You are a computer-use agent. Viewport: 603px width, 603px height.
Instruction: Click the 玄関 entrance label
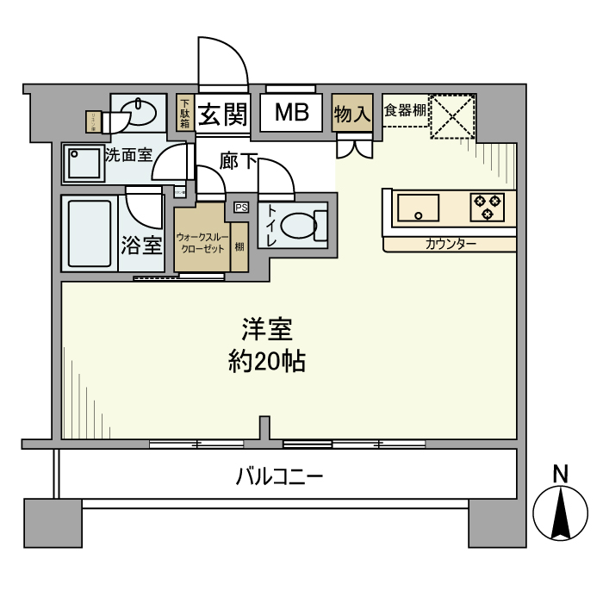[x=224, y=115]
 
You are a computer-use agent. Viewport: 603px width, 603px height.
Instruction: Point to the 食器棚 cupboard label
[x=404, y=110]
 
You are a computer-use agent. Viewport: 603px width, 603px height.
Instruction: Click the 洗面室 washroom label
[x=128, y=156]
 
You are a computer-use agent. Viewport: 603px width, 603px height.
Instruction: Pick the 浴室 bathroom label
[x=141, y=246]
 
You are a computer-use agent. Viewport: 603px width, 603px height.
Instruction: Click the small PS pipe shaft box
[x=240, y=207]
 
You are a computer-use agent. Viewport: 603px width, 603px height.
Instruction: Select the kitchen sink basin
[x=417, y=208]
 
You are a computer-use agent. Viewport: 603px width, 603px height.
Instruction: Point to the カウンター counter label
[x=451, y=245]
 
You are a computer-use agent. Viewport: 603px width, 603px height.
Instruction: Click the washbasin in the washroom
[x=137, y=113]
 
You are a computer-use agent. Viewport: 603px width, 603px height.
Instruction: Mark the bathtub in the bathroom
[x=90, y=235]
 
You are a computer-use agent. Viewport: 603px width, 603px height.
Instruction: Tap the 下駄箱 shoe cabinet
[x=184, y=113]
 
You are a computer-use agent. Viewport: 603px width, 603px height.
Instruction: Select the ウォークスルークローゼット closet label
[x=202, y=241]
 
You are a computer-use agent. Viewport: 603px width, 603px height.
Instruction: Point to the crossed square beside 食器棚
[x=453, y=115]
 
